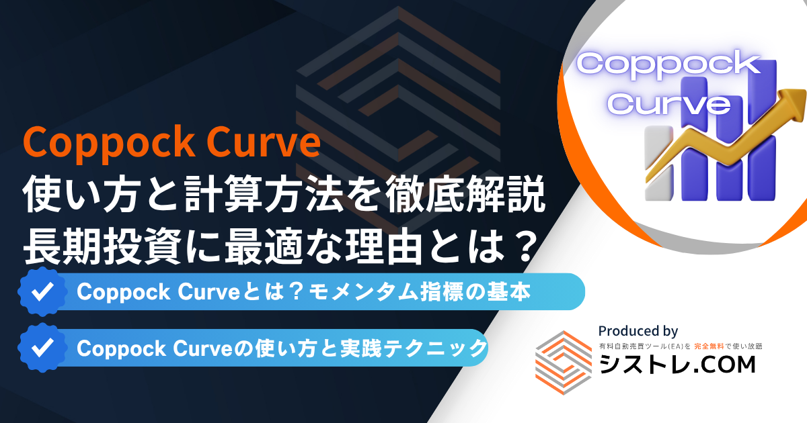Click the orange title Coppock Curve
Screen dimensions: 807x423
(171, 143)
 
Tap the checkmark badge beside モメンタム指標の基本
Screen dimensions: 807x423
(42, 291)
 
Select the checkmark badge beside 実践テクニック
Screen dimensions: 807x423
(42, 348)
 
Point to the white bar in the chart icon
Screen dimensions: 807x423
(658, 163)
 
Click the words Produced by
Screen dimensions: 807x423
(638, 331)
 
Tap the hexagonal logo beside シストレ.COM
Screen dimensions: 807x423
(564, 363)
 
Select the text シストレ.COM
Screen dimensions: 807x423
(677, 365)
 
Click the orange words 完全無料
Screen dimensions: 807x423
(709, 346)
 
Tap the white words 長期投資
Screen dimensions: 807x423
(102, 247)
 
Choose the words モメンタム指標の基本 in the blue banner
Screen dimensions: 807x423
(420, 291)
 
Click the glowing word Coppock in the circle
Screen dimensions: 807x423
(668, 64)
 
